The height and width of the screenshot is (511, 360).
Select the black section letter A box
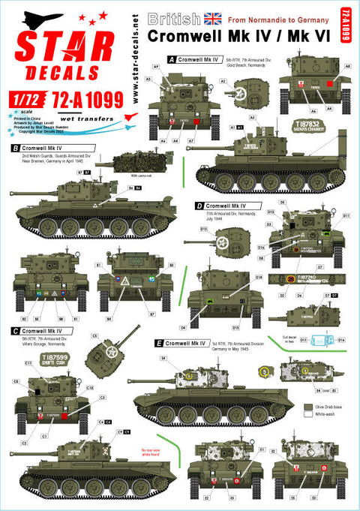[x=172, y=58]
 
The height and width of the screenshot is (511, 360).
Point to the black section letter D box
[x=199, y=205]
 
